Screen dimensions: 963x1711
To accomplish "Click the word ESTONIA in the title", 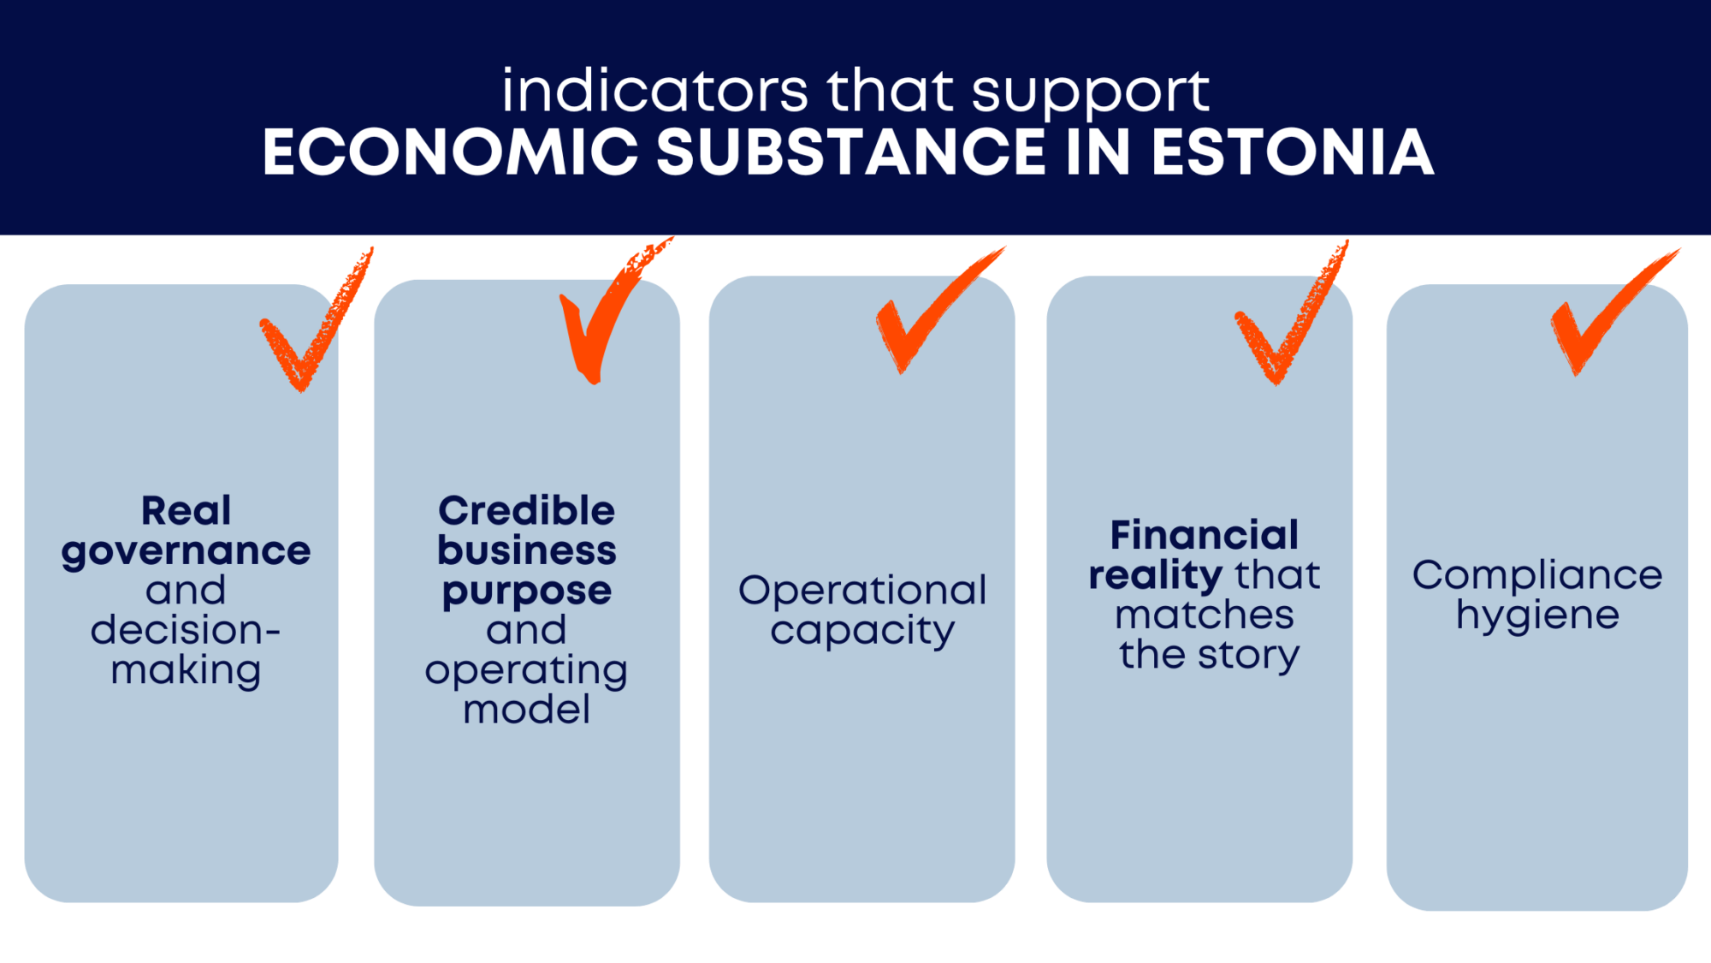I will [1292, 152].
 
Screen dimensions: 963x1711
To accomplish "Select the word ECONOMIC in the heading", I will [450, 152].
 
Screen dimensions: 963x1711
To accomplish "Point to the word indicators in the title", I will [654, 91].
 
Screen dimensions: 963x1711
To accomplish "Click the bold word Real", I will [186, 511].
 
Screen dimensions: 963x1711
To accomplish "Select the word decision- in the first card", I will [186, 630].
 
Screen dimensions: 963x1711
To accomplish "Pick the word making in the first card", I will [186, 670].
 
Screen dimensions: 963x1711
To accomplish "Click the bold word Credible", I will [526, 511].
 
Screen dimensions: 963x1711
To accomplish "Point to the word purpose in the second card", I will [526, 591].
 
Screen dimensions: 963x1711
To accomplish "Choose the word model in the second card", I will [526, 710].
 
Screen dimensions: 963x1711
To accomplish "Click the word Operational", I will [862, 591].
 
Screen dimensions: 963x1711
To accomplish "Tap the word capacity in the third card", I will [862, 632].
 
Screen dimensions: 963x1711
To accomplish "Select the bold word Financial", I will [1204, 536].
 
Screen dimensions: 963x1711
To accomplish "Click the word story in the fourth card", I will [1248, 655].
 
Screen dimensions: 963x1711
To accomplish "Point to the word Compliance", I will [1537, 575].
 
